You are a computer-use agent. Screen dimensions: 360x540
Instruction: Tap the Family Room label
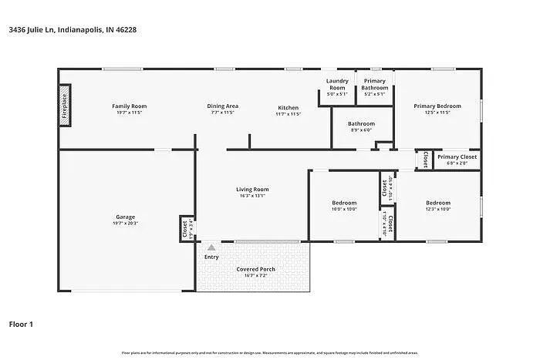(x=130, y=106)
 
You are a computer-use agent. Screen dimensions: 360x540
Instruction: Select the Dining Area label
(x=222, y=106)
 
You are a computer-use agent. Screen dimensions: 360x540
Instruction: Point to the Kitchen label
(x=288, y=106)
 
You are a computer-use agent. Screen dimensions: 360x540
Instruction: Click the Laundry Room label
(x=337, y=84)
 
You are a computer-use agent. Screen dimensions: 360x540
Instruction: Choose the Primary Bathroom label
(x=375, y=84)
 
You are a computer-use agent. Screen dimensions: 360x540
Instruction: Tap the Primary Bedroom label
(x=437, y=106)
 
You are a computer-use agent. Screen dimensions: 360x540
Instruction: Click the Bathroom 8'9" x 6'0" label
(x=361, y=124)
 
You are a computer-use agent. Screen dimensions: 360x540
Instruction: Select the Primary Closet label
(x=457, y=157)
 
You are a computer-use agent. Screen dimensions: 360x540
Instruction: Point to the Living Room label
(x=252, y=190)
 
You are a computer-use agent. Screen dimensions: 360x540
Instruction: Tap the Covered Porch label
(x=255, y=270)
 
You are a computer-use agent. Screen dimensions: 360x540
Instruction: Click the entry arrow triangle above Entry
(x=211, y=247)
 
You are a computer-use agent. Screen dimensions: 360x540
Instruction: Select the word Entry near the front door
(x=211, y=257)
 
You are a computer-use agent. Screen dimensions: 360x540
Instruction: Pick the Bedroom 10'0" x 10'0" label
(x=344, y=204)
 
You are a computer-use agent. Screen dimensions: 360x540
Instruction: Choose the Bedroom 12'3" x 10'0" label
(x=437, y=204)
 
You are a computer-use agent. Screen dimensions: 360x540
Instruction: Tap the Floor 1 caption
(x=21, y=324)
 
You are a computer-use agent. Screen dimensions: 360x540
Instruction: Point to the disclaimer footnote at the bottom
(x=269, y=352)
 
